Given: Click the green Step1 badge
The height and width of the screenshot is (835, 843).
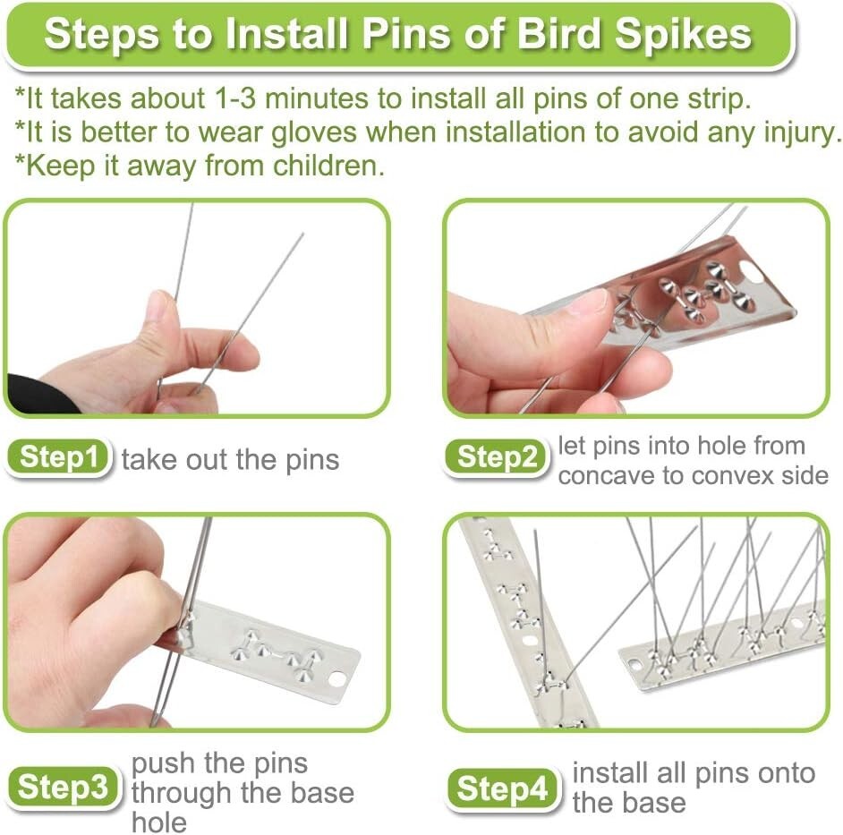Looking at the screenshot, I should pos(59,458).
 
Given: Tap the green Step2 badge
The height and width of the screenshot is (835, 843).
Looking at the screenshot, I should pos(496,458).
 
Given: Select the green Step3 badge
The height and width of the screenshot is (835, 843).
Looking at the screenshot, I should pos(63,788).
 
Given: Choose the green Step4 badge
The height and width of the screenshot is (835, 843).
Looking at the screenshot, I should pos(501,788).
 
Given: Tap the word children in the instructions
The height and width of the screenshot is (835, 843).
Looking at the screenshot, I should pos(319,166).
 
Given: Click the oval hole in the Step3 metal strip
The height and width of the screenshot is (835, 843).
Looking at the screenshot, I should pos(337,679).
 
